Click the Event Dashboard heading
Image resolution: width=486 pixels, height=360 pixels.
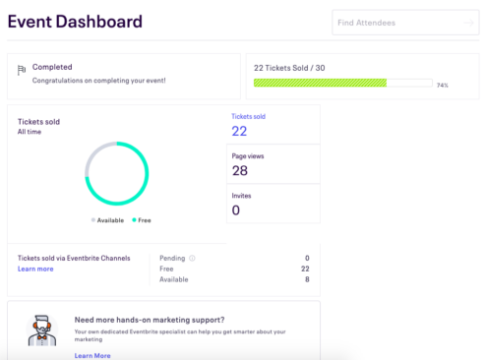click(75, 22)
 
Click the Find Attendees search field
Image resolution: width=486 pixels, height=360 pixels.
click(404, 22)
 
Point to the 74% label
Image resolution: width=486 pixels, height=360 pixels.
click(443, 86)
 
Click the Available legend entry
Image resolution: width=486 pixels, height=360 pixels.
click(108, 220)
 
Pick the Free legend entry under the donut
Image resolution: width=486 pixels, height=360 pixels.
click(141, 220)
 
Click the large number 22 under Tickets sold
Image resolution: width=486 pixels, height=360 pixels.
click(239, 132)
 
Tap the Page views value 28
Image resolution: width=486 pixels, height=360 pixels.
click(240, 171)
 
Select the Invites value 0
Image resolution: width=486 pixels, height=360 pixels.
click(236, 210)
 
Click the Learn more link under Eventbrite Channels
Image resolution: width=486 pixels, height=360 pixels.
click(35, 269)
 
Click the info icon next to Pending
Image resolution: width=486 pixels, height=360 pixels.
click(192, 258)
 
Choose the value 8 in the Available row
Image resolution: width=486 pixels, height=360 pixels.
click(306, 279)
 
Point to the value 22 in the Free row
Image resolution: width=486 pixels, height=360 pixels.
click(304, 269)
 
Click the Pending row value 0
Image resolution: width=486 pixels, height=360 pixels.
click(306, 258)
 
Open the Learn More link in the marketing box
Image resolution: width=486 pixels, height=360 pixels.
click(92, 355)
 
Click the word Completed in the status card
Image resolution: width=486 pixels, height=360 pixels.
click(52, 67)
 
